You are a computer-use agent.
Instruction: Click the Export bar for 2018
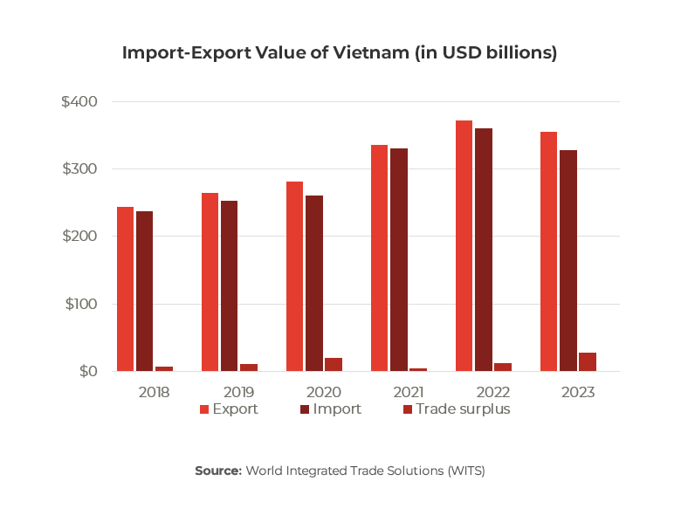coord(126,289)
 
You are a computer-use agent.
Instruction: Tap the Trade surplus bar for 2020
coord(334,364)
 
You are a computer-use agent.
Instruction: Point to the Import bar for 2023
coord(568,261)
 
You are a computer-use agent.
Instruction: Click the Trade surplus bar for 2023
coord(588,362)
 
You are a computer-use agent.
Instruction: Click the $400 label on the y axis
coord(79,102)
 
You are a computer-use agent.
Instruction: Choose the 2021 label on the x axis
coord(408,392)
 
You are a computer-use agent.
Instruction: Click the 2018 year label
coord(155,392)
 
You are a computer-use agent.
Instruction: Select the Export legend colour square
coord(205,409)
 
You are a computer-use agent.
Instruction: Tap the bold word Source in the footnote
coord(217,470)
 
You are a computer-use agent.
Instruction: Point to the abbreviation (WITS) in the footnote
coord(465,470)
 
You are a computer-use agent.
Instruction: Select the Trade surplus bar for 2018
coord(164,369)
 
